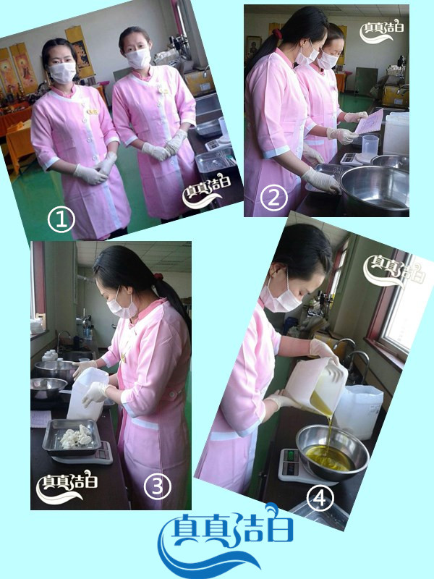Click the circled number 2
(273, 198)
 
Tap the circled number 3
(157, 486)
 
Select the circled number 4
(320, 498)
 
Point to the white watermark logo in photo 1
(207, 191)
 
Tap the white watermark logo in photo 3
(67, 487)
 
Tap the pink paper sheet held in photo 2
(369, 122)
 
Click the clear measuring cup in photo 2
(370, 148)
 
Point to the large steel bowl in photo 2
(375, 189)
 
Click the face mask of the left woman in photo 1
(62, 72)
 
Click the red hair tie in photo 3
(158, 276)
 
